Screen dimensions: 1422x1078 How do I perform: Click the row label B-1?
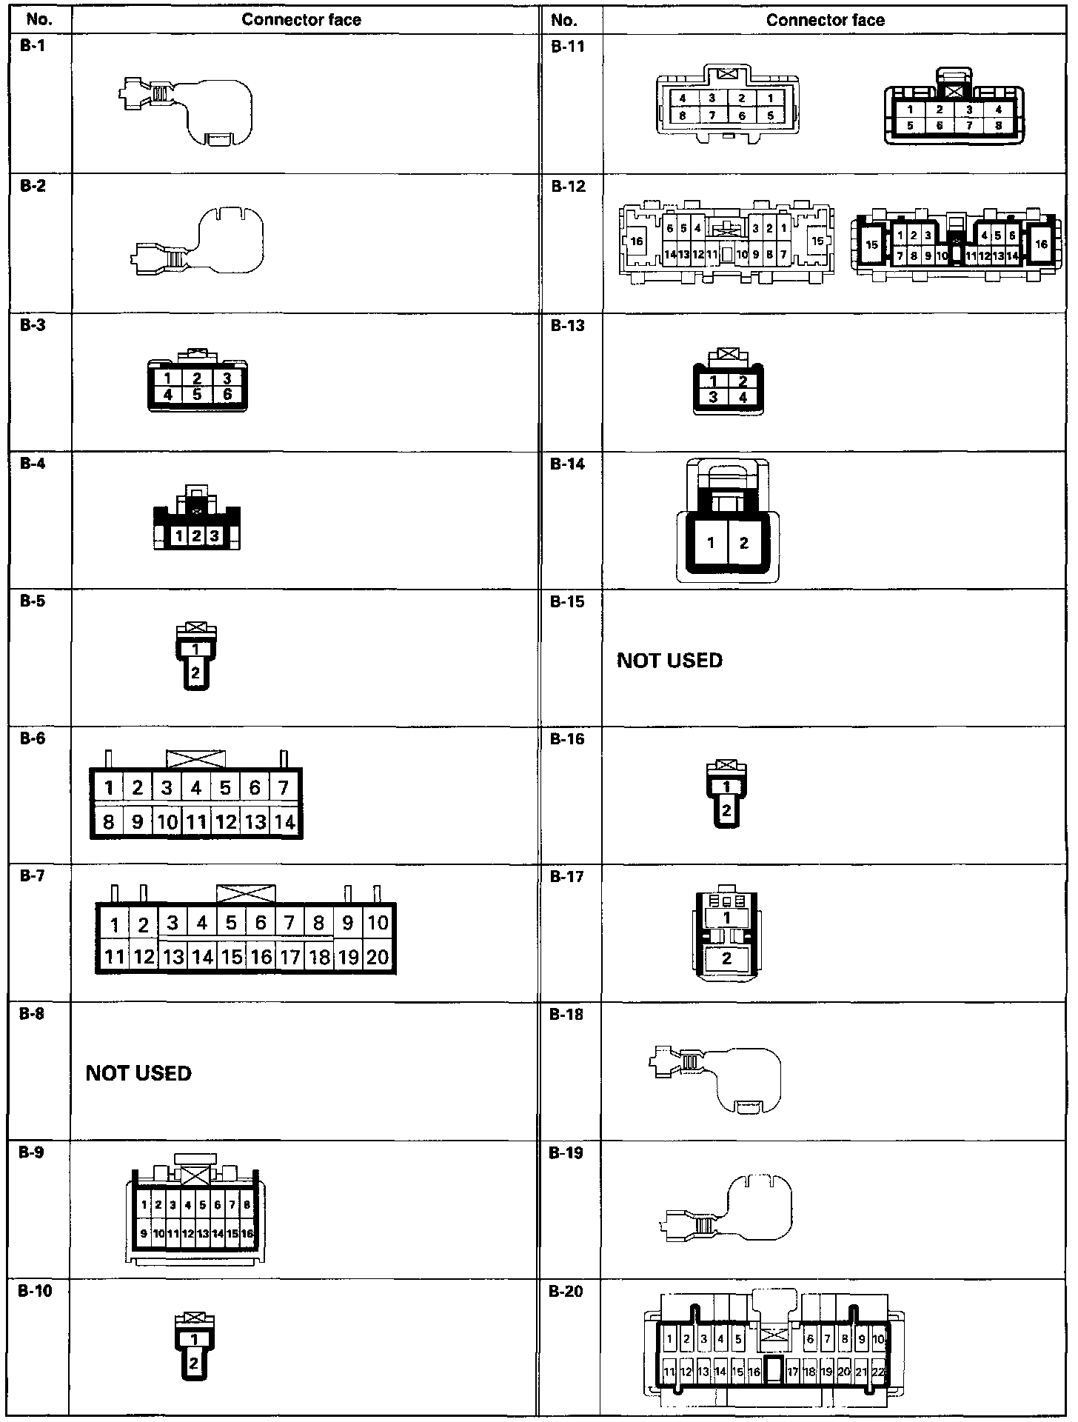(33, 46)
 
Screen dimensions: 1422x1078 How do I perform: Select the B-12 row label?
(568, 186)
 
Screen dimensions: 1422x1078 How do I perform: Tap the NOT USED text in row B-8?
(138, 1073)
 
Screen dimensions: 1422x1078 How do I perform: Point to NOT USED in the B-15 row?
(669, 660)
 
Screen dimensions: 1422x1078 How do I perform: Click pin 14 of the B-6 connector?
(284, 821)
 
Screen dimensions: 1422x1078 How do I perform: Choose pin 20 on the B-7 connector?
(378, 957)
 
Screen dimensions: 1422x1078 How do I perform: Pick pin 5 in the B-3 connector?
(197, 395)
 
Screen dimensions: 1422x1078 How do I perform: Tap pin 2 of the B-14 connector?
(744, 543)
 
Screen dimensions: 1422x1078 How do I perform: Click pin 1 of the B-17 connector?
(727, 918)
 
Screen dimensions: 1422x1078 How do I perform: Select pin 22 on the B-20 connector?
(879, 1372)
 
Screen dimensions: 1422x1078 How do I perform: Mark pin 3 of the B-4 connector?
(215, 535)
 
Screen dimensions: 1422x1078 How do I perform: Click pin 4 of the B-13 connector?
(743, 397)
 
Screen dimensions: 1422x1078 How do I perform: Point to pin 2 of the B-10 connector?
(194, 1363)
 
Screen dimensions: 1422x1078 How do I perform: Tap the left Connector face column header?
(301, 20)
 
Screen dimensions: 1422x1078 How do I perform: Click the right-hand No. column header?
(563, 20)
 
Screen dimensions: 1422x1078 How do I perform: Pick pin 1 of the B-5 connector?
(195, 650)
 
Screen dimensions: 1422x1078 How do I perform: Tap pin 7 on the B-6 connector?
(284, 788)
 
